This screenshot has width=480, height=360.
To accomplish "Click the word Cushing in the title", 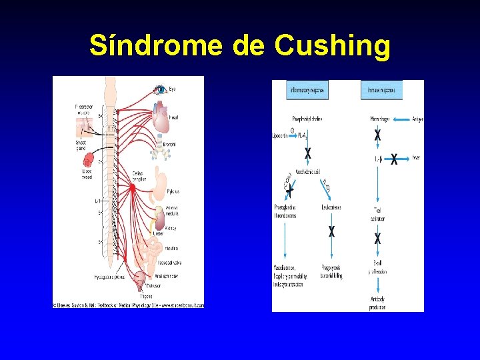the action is click(333, 45).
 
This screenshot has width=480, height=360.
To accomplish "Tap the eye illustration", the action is click(160, 89).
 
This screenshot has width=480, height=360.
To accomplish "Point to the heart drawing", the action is click(162, 117).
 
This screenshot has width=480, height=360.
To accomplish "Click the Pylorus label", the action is click(173, 191).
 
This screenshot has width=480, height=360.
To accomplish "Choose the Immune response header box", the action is click(381, 89).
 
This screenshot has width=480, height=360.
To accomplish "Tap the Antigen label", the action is click(417, 119).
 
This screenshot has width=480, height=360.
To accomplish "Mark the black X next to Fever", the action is click(394, 159).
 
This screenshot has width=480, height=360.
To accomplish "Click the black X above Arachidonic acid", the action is click(307, 153).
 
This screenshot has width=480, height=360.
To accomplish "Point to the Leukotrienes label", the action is click(332, 207).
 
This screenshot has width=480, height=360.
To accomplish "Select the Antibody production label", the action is click(377, 303).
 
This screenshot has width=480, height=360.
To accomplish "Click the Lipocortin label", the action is click(281, 134).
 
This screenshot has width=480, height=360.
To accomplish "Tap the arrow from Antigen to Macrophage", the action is click(402, 119).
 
